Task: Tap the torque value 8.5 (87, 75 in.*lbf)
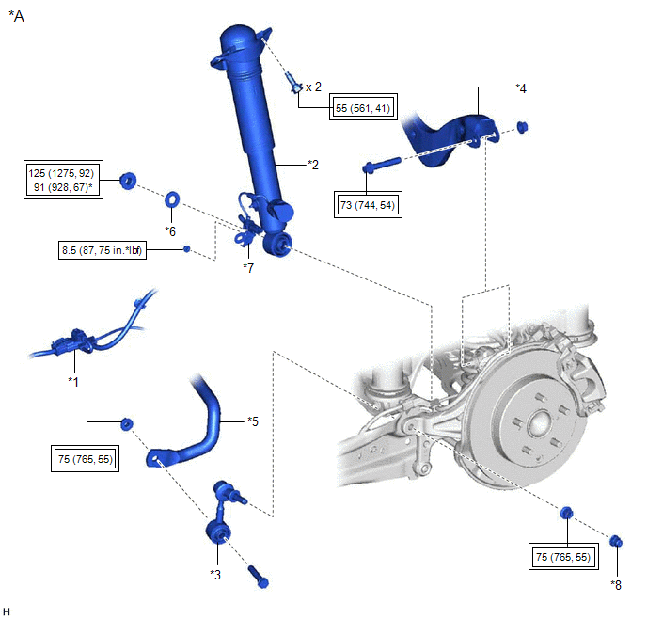coord(101,250)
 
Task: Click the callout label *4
coord(521,87)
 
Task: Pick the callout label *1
coord(73,381)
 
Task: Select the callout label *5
coord(253,421)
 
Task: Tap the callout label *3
coord(216,573)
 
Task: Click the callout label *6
coord(170,230)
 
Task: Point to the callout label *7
coord(248,268)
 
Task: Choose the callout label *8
coord(615,585)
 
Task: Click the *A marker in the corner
coord(16,16)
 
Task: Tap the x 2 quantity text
coord(314,87)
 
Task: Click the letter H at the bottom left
coord(7,612)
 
